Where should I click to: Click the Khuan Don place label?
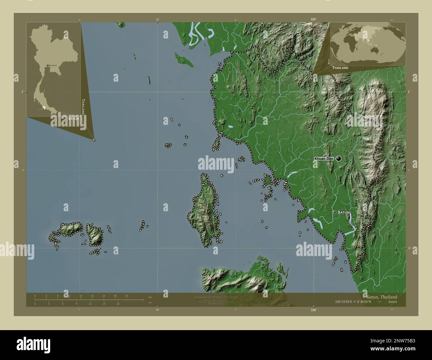coord(324,159)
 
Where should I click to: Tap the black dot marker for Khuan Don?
coord(339,159)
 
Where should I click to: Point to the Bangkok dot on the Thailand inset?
coord(48,65)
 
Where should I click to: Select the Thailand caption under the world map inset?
coord(340,68)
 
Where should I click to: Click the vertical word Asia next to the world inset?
coord(329,61)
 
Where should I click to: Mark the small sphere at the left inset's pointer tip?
coord(94,140)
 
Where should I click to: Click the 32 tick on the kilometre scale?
coord(127,296)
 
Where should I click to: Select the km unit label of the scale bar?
coord(150,297)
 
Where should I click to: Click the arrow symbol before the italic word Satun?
coord(379,302)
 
